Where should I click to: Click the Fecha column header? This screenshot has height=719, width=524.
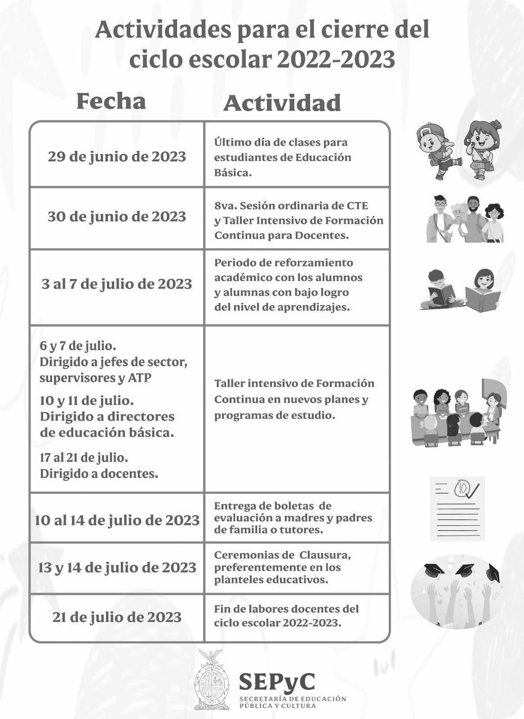(111, 102)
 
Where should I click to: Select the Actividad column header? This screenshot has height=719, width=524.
(282, 103)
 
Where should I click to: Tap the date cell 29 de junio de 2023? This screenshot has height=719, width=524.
(117, 156)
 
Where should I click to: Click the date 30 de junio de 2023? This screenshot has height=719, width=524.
(117, 217)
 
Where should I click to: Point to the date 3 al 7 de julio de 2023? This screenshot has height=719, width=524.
(117, 284)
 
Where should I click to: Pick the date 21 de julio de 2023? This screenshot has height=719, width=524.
(117, 617)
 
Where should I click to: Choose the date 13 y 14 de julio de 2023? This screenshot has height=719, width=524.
(117, 568)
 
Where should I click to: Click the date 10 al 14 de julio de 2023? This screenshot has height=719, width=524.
(117, 520)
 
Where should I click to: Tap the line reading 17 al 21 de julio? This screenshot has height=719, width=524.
(84, 458)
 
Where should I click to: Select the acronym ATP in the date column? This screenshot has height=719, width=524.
(140, 378)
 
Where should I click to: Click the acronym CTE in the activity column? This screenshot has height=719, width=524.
(357, 206)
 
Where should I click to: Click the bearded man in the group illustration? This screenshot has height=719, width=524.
(472, 218)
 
